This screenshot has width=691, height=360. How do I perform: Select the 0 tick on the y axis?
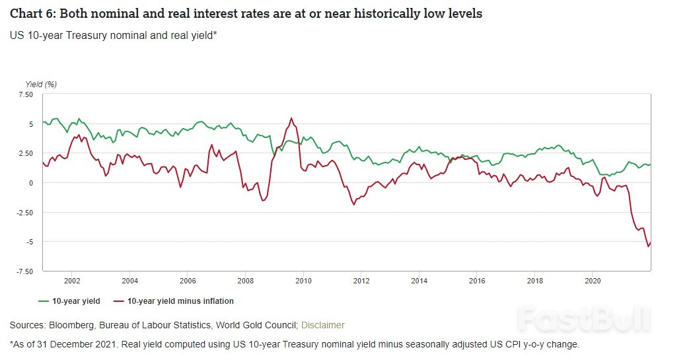pyautogui.click(x=30, y=183)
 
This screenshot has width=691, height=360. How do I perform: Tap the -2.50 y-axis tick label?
pyautogui.click(x=24, y=212)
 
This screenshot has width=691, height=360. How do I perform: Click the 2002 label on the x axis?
pyautogui.click(x=72, y=280)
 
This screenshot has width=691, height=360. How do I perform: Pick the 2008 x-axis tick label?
pyautogui.click(x=245, y=280)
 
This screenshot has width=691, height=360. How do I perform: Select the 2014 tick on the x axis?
pyautogui.click(x=418, y=280)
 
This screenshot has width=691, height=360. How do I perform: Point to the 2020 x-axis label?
pyautogui.click(x=591, y=280)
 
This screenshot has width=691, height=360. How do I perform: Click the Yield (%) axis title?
pyautogui.click(x=41, y=84)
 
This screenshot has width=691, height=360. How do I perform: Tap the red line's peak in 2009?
pyautogui.click(x=291, y=119)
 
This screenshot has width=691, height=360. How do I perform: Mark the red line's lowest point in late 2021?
pyautogui.click(x=647, y=246)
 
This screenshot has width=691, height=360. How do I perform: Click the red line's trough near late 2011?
pyautogui.click(x=354, y=204)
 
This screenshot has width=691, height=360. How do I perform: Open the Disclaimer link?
pyautogui.click(x=323, y=325)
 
